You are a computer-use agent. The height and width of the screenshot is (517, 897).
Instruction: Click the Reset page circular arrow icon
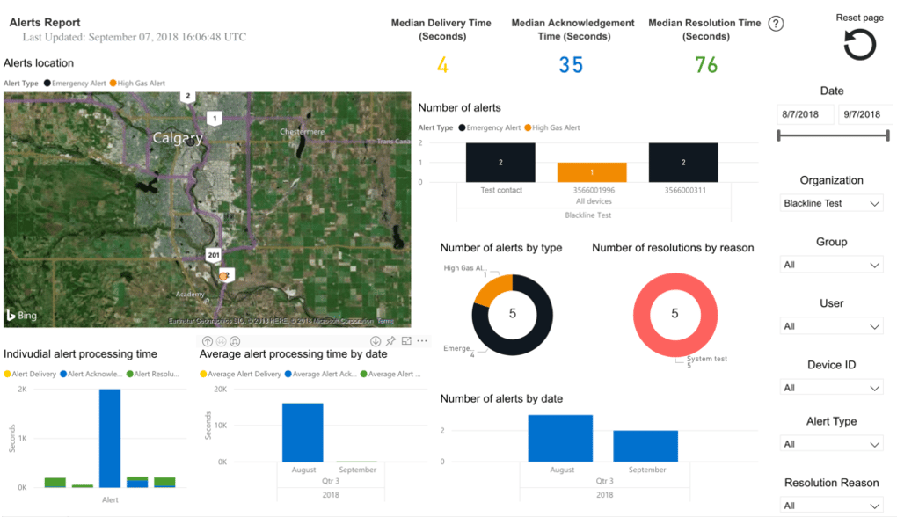tap(859, 45)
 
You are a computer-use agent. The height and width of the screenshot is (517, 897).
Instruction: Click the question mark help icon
tap(776, 24)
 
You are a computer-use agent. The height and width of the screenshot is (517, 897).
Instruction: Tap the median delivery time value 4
tap(442, 65)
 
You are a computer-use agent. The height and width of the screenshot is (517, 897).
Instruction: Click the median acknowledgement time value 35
tap(571, 65)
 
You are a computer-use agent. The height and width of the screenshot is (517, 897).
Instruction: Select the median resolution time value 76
tap(705, 65)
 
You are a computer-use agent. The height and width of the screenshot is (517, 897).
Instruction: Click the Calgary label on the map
tap(177, 138)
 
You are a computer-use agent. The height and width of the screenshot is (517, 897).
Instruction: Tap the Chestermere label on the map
tap(302, 131)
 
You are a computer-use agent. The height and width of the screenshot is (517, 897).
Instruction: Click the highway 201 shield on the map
tap(214, 255)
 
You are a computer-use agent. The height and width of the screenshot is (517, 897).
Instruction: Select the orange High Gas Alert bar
tap(592, 172)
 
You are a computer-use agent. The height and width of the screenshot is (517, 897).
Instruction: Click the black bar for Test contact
tap(500, 163)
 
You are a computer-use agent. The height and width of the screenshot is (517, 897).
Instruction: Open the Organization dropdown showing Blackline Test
tap(831, 203)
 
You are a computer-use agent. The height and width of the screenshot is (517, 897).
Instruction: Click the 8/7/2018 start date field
tap(805, 114)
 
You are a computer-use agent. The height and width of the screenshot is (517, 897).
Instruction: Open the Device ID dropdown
tap(831, 388)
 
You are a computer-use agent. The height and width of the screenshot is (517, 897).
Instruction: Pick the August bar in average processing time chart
tap(303, 432)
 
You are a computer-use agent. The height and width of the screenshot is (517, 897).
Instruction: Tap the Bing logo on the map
tap(21, 315)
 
